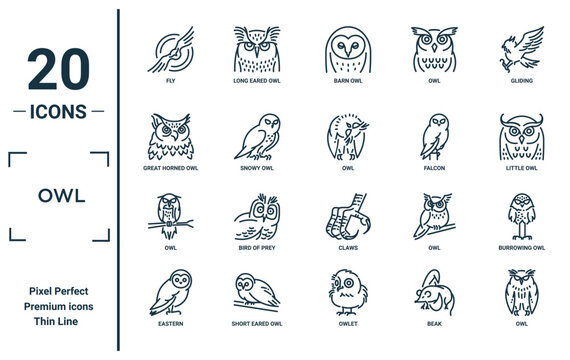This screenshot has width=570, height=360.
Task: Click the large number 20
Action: coord(59,69)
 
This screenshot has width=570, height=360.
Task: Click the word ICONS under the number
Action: coord(58,112)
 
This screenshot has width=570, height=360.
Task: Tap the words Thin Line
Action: coord(56,321)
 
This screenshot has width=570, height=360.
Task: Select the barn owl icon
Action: coord(348,49)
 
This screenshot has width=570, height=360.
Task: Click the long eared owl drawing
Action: coord(257,49)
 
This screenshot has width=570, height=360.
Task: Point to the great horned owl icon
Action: coord(170,137)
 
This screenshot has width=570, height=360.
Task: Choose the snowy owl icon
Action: coord(257,137)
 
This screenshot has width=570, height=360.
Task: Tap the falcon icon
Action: coord(434,137)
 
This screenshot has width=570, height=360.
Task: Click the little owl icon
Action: coord(522,137)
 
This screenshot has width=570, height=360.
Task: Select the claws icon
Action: coord(348,217)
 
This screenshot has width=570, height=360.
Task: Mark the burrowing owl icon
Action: coord(522,217)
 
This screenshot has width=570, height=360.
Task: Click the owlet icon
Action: coord(348,292)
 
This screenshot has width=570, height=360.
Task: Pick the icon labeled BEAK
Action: coord(434,292)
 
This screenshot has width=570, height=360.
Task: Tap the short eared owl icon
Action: coord(257,292)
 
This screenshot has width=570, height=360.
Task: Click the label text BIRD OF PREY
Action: coord(257,248)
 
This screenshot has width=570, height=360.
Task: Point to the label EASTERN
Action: coord(170,324)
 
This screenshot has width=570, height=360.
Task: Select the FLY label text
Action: coord(170,81)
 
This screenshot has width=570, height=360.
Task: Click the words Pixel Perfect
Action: coord(59,291)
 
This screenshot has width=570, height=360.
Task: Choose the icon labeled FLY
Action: coord(170,49)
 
